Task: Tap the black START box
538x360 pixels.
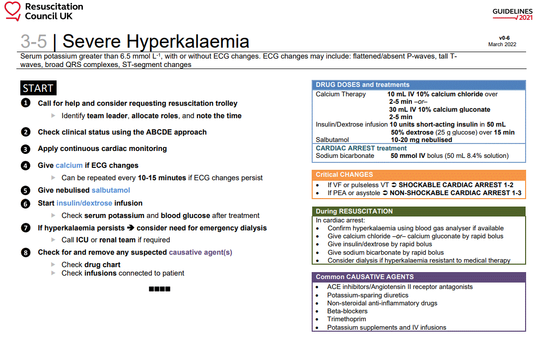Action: pyautogui.click(x=38, y=88)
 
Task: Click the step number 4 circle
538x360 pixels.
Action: pyautogui.click(x=25, y=165)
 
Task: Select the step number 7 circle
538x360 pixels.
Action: pyautogui.click(x=25, y=228)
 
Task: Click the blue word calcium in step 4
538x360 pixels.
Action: pyautogui.click(x=69, y=165)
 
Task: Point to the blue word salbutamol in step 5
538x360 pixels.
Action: pyautogui.click(x=111, y=190)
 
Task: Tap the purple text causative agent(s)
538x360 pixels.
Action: pyautogui.click(x=201, y=252)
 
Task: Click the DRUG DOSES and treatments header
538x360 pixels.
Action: pyautogui.click(x=362, y=85)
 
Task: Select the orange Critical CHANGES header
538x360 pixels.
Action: pyautogui.click(x=344, y=175)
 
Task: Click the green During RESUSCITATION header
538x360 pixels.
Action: pyautogui.click(x=354, y=212)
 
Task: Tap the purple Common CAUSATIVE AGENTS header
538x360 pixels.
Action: pyautogui.click(x=364, y=277)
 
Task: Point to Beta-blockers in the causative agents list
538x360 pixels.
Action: pyautogui.click(x=347, y=311)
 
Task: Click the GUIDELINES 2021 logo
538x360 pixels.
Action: pyautogui.click(x=512, y=14)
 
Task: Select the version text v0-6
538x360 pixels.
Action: pyautogui.click(x=504, y=38)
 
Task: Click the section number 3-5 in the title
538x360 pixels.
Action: pyautogui.click(x=34, y=41)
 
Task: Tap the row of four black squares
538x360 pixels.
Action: pyautogui.click(x=159, y=289)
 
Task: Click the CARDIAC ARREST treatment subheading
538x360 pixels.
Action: pyautogui.click(x=361, y=148)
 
